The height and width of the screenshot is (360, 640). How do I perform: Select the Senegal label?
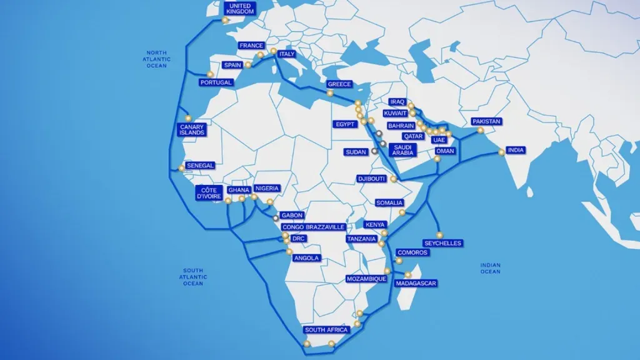[201, 166]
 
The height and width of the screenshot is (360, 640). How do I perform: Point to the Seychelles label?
[442, 243]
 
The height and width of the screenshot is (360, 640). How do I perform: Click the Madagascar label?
[416, 284]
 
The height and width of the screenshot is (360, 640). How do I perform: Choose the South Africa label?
[326, 330]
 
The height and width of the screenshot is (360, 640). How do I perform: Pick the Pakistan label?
[487, 121]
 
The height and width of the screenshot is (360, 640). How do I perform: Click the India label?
[516, 150]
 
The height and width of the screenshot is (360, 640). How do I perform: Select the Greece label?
[340, 84]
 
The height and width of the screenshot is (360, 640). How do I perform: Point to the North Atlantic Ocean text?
[157, 59]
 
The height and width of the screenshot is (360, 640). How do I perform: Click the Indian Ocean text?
[491, 268]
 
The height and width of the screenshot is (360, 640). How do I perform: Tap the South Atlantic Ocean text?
[193, 276]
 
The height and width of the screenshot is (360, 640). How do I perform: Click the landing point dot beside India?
[501, 152]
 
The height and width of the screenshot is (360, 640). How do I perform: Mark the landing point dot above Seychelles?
[439, 235]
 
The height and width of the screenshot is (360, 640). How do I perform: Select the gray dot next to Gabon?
[276, 218]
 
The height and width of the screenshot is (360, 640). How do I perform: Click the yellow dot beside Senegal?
[182, 167]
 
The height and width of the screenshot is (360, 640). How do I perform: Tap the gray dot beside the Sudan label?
[374, 151]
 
